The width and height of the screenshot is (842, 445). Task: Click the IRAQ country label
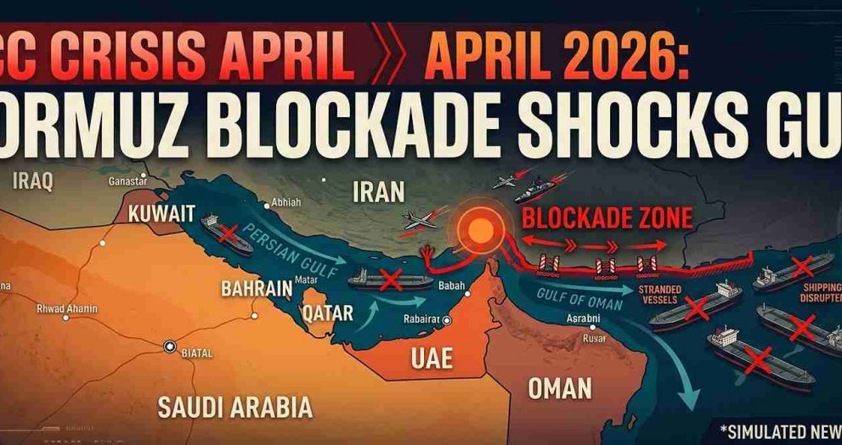pos(33,181)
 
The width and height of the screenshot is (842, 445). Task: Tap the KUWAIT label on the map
pos(161,213)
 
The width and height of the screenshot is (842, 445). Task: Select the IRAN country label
pos(378,192)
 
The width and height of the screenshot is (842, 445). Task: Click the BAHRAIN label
pos(257,288)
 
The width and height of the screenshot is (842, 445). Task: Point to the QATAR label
pos(327,313)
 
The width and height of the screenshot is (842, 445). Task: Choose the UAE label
pos(431,358)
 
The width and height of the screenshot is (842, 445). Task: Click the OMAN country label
pos(559,387)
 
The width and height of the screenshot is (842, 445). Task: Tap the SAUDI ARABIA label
pos(235,406)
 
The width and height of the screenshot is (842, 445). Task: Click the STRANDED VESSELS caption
pos(659,295)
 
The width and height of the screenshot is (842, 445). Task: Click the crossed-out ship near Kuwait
pos(226,234)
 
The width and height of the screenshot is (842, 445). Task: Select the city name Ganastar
pos(128,181)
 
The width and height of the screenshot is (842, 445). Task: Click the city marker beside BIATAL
pos(169,346)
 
